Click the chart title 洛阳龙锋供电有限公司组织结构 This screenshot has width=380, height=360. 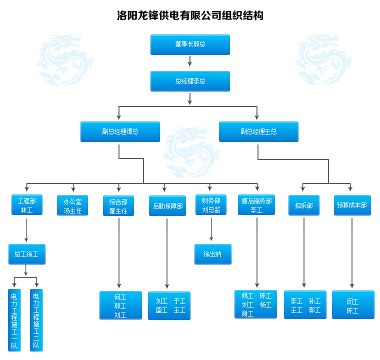190,15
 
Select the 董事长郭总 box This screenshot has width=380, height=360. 190,44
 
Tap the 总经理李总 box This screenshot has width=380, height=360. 190,81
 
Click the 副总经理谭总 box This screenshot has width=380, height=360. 120,131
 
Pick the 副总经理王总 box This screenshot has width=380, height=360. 258,131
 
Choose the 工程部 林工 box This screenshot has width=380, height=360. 26,205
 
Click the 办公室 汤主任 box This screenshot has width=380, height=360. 72,205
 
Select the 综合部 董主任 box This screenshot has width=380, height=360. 118,205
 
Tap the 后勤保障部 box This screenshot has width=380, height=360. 167,205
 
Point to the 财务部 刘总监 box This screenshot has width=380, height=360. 211,205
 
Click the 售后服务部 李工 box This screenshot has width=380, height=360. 256,205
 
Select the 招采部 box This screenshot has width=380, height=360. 303,205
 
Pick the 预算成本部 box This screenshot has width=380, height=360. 352,205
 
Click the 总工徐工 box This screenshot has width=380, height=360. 26,254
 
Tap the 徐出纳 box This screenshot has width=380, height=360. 212,254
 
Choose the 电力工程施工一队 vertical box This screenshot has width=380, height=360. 14,320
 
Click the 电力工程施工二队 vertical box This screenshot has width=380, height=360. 36,320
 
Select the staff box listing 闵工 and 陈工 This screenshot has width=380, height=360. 352,305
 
